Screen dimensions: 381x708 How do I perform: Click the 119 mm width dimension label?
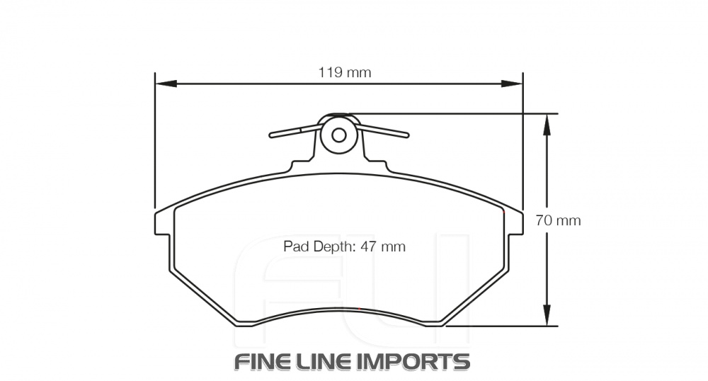tap(344, 72)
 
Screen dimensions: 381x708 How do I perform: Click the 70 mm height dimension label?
tap(558, 220)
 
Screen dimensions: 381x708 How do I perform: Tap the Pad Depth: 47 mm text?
tap(344, 246)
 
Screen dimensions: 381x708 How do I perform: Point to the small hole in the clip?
tap(339, 135)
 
